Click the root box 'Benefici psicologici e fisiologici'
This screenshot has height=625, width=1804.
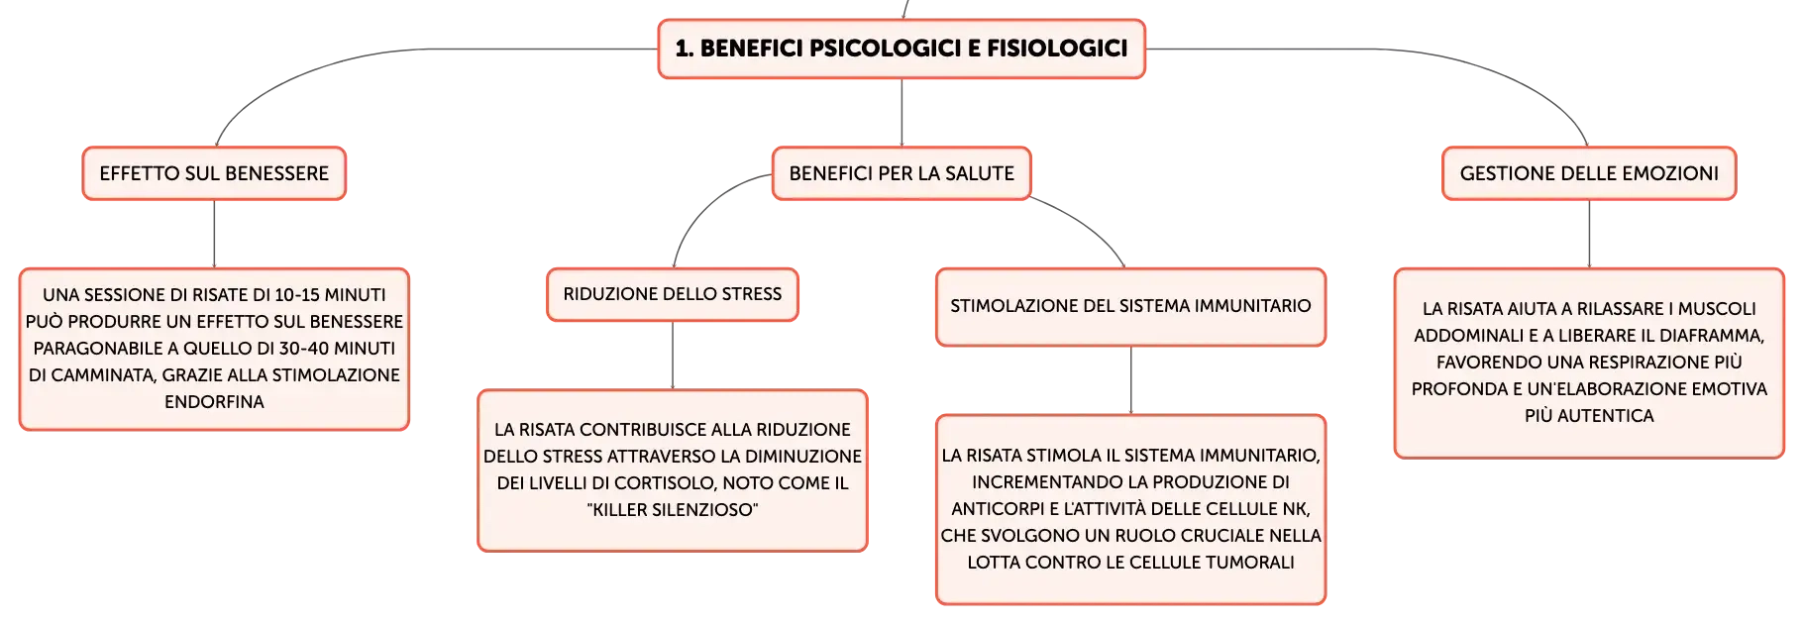tap(902, 49)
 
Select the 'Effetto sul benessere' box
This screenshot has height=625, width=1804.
tap(214, 173)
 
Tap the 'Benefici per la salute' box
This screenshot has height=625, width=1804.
tap(902, 173)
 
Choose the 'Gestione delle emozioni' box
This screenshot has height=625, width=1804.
tap(1589, 173)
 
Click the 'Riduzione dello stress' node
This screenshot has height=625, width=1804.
tap(673, 294)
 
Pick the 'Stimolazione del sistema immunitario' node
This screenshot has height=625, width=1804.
tap(1130, 307)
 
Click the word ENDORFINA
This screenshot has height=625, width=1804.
tap(214, 402)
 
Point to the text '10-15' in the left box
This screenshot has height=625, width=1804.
tap(298, 295)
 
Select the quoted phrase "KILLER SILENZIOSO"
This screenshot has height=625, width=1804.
tap(673, 510)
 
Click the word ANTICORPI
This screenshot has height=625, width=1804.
tap(995, 509)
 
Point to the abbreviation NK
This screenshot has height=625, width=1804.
tap(1296, 509)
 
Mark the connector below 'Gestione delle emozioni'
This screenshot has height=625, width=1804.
tap(1589, 234)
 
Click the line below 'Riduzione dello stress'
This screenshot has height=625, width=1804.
tap(673, 356)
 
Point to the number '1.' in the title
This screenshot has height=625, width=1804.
tap(684, 49)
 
